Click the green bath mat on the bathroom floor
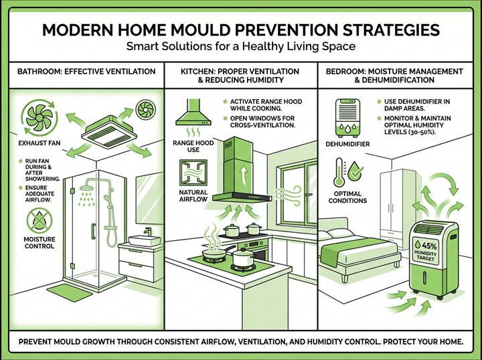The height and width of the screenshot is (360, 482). point(68,291)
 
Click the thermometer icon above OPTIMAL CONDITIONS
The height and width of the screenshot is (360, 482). point(340,171)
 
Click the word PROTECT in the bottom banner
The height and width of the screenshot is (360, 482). point(390,341)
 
